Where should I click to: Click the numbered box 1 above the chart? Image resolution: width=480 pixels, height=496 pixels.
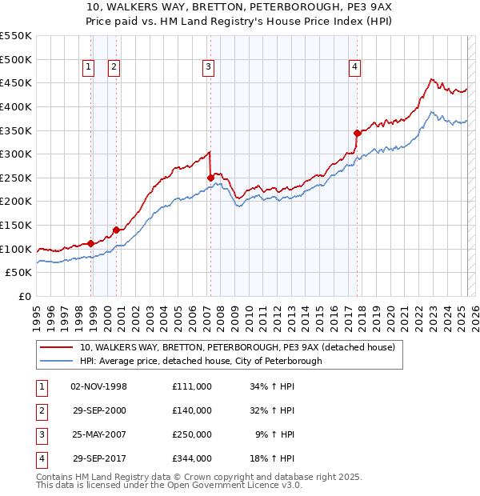coord(87,68)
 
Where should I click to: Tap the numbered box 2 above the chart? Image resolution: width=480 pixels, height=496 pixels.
coord(114,68)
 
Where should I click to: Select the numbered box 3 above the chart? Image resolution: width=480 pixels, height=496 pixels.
coord(207,68)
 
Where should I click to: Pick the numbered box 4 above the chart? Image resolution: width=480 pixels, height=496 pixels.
coord(354,68)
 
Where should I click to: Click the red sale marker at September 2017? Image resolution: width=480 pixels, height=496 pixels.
coord(358,133)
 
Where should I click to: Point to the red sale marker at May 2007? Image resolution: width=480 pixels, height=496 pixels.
coord(210,178)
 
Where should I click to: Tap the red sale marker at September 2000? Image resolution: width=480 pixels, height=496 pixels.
coord(117,230)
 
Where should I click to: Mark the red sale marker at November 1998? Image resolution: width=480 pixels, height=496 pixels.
coord(90,243)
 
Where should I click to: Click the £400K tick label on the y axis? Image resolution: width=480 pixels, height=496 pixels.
coord(17,106)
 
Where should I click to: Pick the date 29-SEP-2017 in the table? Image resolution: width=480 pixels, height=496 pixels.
coord(100,458)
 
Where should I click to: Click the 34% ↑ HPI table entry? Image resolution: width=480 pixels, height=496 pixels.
coord(273,386)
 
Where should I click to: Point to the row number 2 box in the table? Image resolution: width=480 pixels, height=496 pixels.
coord(41,410)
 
